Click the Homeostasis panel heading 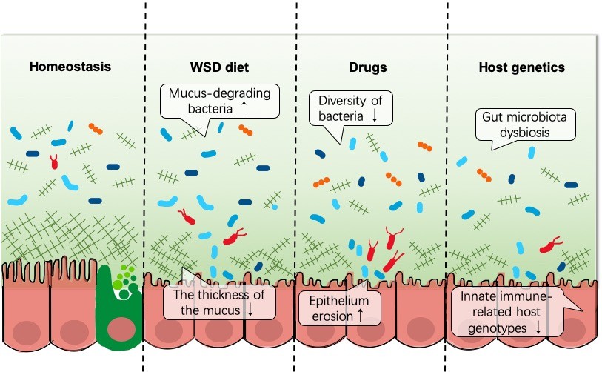pos(70,67)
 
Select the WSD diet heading pos(218,67)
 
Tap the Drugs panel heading pos(368,67)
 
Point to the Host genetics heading pos(521,67)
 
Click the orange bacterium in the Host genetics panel pos(484,175)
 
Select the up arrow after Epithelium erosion pos(361,314)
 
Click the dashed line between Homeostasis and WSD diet pos(144,185)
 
